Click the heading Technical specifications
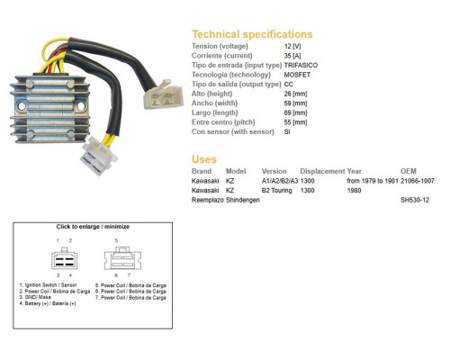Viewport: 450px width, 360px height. [252, 34]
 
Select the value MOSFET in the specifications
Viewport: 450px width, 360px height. [297, 75]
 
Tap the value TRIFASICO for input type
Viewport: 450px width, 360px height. [301, 65]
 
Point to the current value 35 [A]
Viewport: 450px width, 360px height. [292, 56]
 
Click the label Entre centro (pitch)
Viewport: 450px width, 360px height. [223, 122]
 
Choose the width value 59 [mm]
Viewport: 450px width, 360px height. [295, 103]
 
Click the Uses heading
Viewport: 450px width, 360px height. [204, 159]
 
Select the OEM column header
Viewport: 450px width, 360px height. [409, 171]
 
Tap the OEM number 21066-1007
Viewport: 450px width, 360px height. [418, 181]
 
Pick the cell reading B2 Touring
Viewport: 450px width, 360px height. [276, 191]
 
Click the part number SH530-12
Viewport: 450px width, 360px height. [415, 200]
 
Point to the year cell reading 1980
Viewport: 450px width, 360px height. [354, 191]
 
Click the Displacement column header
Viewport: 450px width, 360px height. [322, 171]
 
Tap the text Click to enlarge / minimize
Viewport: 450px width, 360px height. [93, 227]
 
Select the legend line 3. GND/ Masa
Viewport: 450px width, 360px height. [35, 297]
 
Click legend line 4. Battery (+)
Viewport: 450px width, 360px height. [48, 303]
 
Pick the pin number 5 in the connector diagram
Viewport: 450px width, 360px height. [116, 240]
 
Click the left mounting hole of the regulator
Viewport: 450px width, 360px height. [22, 106]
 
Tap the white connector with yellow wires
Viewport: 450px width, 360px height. [99, 155]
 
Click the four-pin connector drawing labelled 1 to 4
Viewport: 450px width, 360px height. [64, 259]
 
